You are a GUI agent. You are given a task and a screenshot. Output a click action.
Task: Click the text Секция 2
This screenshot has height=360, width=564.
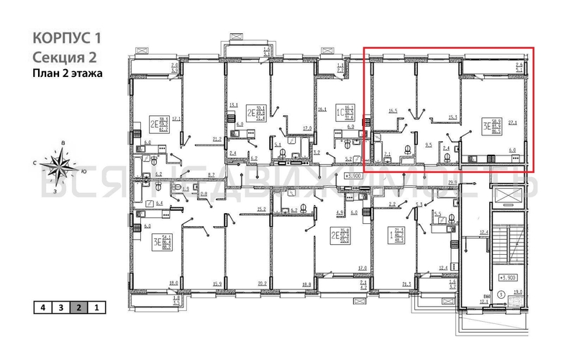coord(65,57)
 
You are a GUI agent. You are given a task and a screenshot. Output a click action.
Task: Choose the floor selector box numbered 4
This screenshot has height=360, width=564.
coord(43,307)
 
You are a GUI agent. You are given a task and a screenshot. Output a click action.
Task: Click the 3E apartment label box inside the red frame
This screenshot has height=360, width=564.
coord(492,127)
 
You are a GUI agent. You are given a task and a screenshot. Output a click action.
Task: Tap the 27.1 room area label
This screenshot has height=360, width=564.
coord(512,123)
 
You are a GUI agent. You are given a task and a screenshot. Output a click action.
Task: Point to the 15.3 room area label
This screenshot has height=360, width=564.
coord(452,118)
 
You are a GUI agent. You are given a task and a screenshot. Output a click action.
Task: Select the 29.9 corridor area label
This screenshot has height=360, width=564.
coord(452,183)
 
